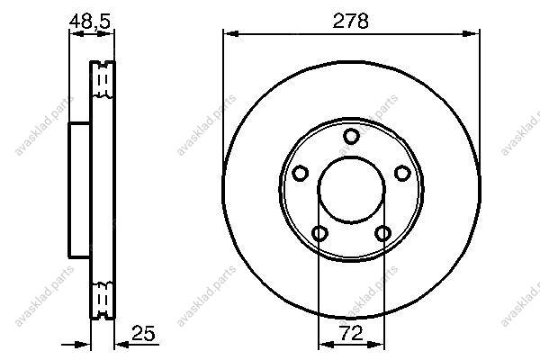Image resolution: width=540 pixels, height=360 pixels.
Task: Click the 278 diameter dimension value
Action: tap(351, 21)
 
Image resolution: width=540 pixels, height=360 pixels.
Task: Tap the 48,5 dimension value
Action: tap(90, 22)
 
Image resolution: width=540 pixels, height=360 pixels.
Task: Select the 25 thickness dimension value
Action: tap(143, 333)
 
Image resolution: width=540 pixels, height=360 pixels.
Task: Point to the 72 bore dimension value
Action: tap(351, 333)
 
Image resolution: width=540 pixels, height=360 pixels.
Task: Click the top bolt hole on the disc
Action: tap(351, 136)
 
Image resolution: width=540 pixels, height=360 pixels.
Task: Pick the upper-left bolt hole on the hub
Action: tap(301, 173)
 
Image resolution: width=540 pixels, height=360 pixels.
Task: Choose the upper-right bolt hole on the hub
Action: tap(402, 173)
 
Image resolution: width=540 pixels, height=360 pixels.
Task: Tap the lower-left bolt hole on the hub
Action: tap(319, 233)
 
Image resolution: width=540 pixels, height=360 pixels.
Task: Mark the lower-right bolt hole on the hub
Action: tap(382, 233)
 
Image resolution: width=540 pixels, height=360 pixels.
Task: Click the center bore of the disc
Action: tap(351, 190)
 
